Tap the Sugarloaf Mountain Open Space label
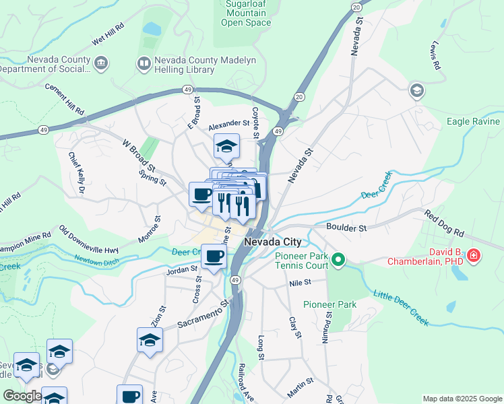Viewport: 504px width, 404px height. pyautogui.click(x=246, y=13)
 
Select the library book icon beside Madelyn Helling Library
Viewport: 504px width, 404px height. pyautogui.click(x=144, y=64)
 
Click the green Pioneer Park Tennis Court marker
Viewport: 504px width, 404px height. pyautogui.click(x=340, y=259)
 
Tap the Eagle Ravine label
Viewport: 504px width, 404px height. pyautogui.click(x=474, y=122)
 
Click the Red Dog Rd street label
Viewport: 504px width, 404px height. pyautogui.click(x=444, y=224)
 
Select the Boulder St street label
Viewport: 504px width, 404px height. pyautogui.click(x=346, y=228)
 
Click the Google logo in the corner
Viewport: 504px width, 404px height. pyautogui.click(x=22, y=396)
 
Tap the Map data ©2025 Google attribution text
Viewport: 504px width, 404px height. pyautogui.click(x=462, y=399)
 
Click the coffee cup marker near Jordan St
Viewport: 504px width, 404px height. pyautogui.click(x=214, y=257)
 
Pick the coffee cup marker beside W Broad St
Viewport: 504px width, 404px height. pyautogui.click(x=201, y=195)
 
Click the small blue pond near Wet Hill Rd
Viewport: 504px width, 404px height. pyautogui.click(x=152, y=29)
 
